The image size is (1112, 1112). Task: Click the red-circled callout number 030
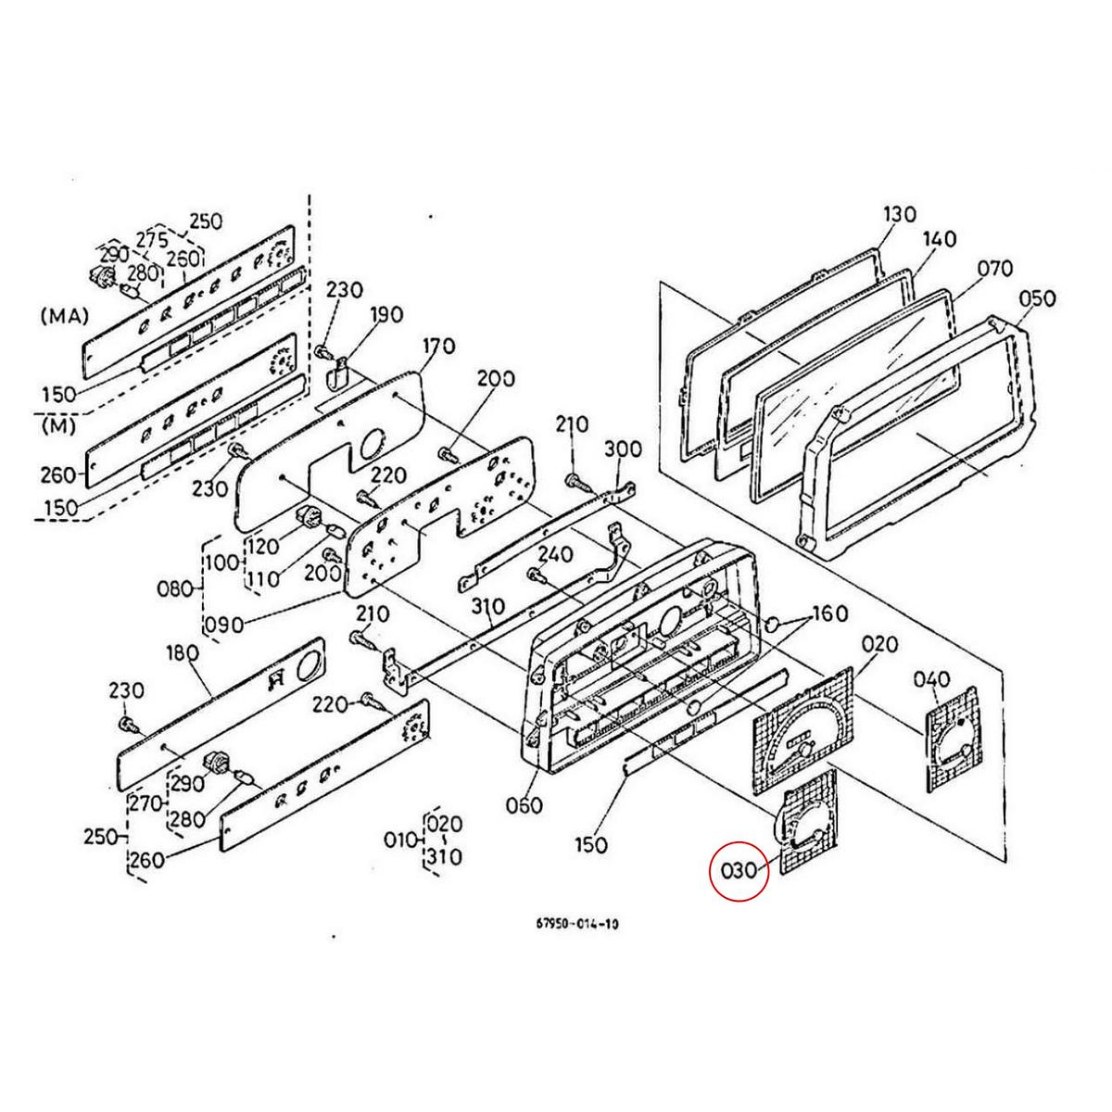[x=739, y=871]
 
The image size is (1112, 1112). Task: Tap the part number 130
[x=899, y=215]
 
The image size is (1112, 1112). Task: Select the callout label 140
[x=939, y=240]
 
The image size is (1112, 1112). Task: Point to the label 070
[x=996, y=270]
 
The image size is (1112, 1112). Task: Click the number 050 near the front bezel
[x=1037, y=298]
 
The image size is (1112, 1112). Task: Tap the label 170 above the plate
[x=438, y=347]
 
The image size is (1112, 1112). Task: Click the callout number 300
[x=623, y=449]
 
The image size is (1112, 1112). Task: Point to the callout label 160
[x=829, y=613]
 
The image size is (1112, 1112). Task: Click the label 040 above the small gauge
[x=931, y=678]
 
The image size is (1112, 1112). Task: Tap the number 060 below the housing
[x=524, y=806]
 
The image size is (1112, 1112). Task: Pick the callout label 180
[x=182, y=653]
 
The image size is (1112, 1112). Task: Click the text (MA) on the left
[x=64, y=317]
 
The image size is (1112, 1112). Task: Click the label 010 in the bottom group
[x=401, y=840]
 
